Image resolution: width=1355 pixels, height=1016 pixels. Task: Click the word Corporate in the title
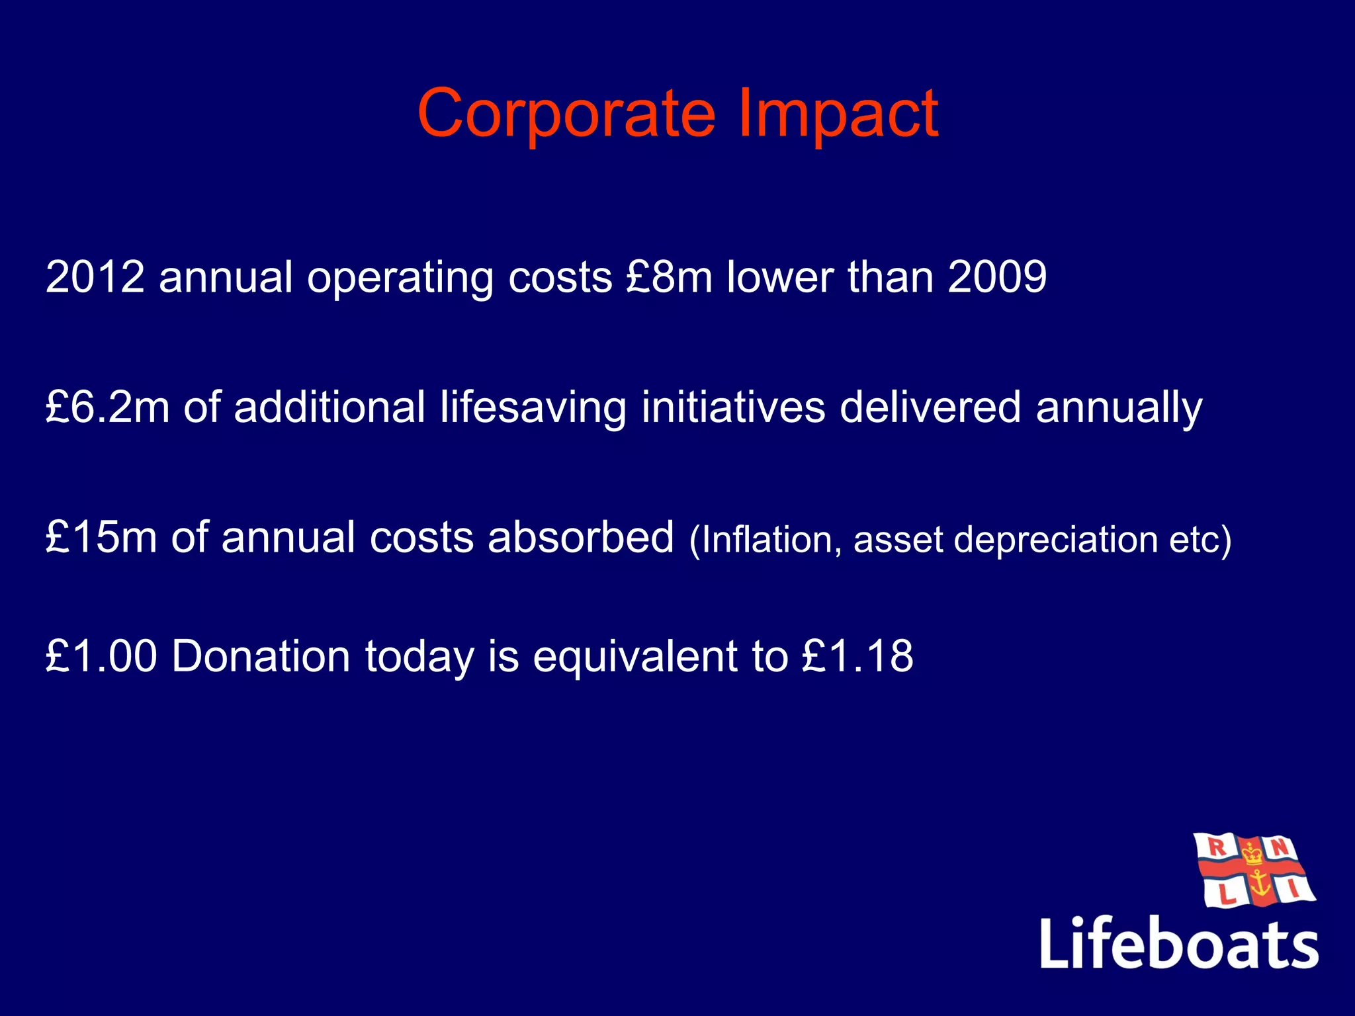566,114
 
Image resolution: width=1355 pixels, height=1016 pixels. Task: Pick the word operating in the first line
400,278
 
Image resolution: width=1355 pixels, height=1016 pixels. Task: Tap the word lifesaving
533,408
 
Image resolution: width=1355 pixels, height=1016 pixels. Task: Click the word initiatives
733,407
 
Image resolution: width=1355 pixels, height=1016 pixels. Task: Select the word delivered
930,407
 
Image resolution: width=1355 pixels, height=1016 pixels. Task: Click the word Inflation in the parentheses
766,540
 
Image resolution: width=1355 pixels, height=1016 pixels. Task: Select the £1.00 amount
101,656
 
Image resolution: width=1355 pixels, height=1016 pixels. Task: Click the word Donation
261,656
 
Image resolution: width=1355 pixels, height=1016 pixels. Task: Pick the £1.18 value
857,656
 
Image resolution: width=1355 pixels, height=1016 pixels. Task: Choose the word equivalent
635,656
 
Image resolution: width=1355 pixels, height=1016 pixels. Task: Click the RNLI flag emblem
1253,870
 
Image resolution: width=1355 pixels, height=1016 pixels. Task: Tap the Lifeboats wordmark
1179,943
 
